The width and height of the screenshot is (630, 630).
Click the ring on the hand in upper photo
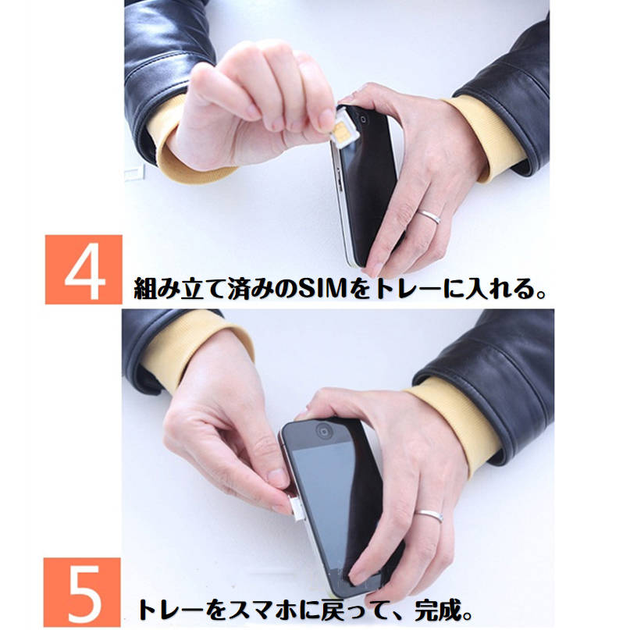[x=429, y=216]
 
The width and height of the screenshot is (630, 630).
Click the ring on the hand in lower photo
[x=429, y=515]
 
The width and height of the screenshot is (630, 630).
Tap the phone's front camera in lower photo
[x=322, y=430]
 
